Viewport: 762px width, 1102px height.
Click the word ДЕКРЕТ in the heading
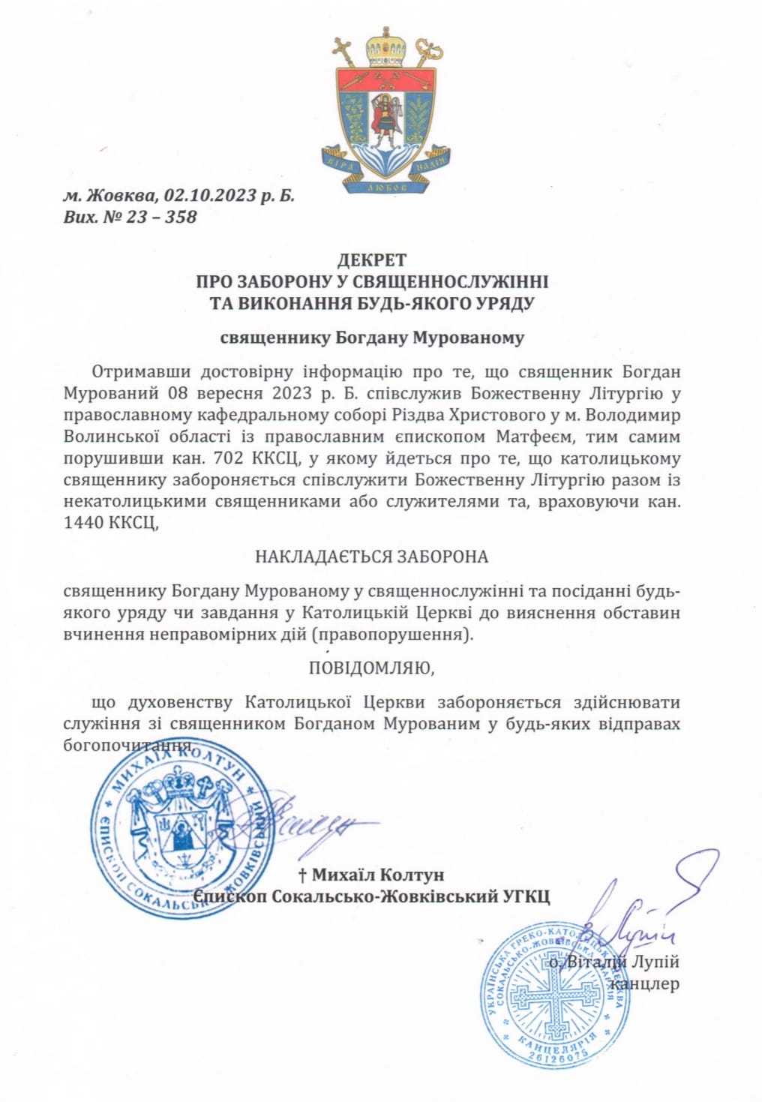(371, 260)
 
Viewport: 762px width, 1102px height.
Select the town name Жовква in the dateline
(120, 196)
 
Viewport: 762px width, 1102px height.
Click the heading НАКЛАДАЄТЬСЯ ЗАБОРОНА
(371, 557)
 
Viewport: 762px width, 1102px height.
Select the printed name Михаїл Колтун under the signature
(378, 875)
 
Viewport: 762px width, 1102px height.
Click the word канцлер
(646, 983)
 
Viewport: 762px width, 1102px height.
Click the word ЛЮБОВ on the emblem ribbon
(387, 188)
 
